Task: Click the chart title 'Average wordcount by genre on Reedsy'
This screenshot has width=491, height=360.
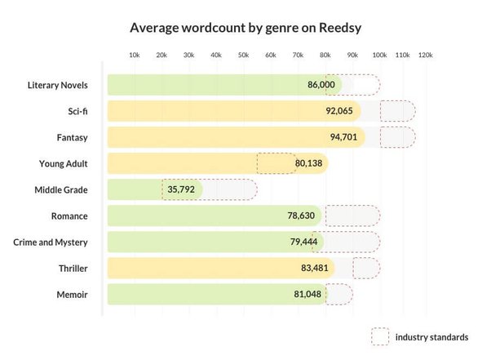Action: (245, 28)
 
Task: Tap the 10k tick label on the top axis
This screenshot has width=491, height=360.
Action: (135, 56)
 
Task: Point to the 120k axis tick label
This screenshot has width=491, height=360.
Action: (425, 56)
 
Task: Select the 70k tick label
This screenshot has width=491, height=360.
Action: (298, 56)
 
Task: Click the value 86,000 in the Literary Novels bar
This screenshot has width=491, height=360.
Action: (321, 85)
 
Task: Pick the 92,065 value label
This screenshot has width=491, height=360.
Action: (339, 111)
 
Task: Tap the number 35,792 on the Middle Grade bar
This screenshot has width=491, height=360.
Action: (181, 189)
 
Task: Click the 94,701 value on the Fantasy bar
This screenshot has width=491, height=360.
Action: (343, 137)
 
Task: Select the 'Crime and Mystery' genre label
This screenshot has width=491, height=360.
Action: (51, 242)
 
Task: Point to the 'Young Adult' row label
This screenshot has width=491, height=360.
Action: (64, 163)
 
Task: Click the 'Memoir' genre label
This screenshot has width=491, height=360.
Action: (72, 295)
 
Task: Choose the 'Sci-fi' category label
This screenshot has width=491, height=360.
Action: (77, 111)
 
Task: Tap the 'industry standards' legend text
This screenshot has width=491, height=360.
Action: (431, 337)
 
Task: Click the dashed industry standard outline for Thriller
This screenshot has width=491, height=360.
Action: (353, 269)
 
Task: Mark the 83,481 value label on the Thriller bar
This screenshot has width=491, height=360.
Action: (315, 268)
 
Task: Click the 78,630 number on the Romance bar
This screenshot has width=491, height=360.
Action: (301, 216)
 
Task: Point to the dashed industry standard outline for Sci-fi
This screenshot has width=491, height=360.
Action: (380, 111)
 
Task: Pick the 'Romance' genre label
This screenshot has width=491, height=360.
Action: (69, 216)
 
